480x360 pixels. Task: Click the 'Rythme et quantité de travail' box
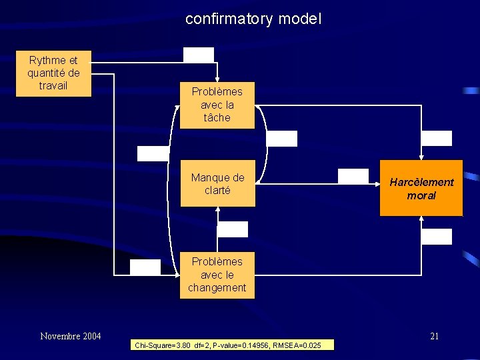53,74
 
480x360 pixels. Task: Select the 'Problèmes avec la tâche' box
217,105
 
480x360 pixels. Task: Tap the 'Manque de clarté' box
217,183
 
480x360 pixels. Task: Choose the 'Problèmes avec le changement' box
217,275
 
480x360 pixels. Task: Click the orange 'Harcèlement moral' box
421,189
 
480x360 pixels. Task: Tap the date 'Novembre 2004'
71,336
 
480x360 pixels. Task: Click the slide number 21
434,336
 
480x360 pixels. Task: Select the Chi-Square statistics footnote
233,345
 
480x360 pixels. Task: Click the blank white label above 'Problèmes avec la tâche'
199,55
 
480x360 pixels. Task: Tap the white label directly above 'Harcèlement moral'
437,139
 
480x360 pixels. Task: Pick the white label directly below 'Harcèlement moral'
437,236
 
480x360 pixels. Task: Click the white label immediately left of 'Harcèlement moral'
353,176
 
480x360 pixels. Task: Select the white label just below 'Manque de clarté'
233,229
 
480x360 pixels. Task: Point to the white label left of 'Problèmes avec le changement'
145,267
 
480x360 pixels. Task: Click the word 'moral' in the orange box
421,195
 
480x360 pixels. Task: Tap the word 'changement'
217,288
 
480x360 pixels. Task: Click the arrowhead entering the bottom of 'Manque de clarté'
217,209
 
